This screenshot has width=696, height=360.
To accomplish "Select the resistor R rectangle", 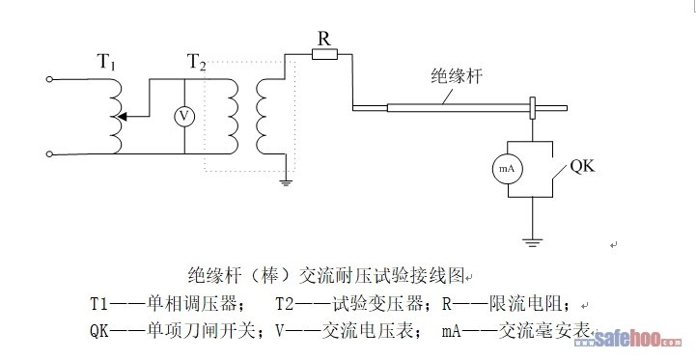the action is pyautogui.click(x=324, y=55).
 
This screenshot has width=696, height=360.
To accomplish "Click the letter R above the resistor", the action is pyautogui.click(x=324, y=39).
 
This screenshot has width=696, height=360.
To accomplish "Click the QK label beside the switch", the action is pyautogui.click(x=582, y=166).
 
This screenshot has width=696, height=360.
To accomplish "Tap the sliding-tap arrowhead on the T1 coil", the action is pyautogui.click(x=122, y=117).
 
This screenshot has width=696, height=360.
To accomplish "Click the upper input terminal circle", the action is pyautogui.click(x=49, y=79).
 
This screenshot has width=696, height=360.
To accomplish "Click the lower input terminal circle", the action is pyautogui.click(x=49, y=154).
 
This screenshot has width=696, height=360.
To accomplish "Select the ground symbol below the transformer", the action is pyautogui.click(x=286, y=182).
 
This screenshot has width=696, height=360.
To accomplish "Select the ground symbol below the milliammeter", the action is pyautogui.click(x=532, y=242).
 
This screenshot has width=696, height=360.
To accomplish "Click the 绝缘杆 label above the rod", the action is pyautogui.click(x=457, y=76).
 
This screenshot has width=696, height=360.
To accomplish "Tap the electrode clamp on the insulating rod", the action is pyautogui.click(x=533, y=108).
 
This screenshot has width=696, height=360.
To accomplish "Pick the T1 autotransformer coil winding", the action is pyautogui.click(x=116, y=117).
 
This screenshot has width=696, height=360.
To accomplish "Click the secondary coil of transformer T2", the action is pyautogui.click(x=262, y=117).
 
